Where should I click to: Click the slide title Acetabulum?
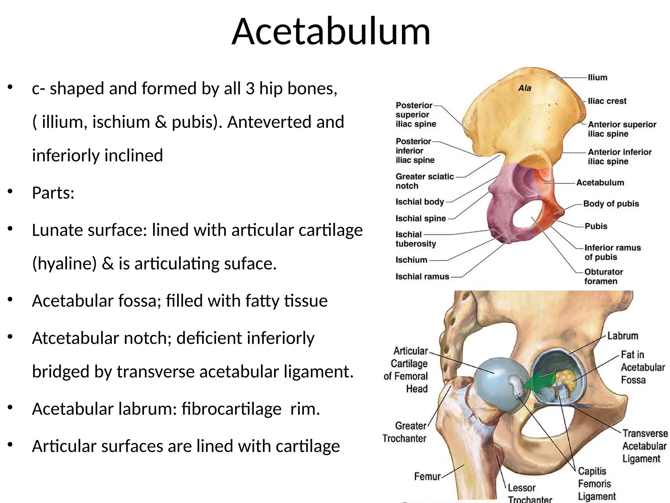[331, 32]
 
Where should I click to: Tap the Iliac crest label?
[607, 101]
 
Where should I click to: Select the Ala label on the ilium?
[525, 88]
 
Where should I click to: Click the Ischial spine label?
[421, 218]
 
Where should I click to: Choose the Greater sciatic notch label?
[424, 181]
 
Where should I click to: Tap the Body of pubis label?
[611, 204]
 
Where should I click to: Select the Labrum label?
[623, 336]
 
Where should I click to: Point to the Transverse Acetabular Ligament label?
[644, 446]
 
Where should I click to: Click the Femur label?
[427, 476]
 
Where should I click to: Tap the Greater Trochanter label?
[405, 432]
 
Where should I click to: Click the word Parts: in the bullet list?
[53, 193]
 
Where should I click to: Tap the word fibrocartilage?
[232, 409]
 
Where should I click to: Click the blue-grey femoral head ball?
[497, 380]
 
